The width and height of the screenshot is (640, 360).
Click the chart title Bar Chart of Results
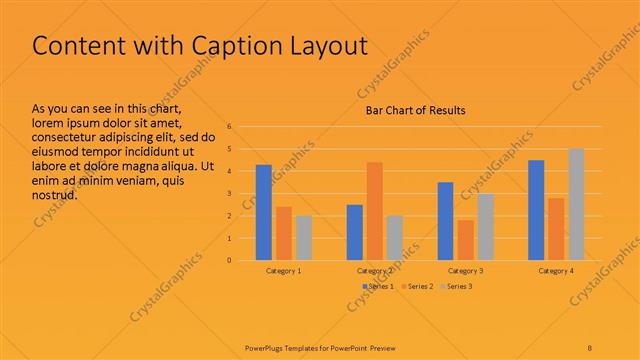413,110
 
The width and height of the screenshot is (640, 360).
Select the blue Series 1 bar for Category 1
264,212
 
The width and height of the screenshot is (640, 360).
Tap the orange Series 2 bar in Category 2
375,211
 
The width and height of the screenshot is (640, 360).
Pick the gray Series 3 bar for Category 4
576,204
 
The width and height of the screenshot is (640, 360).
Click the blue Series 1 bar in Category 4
536,210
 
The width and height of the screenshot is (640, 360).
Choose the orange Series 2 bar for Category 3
466,240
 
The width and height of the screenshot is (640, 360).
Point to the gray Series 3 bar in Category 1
304,238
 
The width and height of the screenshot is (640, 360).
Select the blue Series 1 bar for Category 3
446,221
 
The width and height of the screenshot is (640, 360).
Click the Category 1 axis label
284,271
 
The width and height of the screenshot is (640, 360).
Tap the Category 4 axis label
556,271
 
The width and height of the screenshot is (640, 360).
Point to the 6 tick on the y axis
230,127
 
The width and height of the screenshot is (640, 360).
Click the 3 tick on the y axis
230,194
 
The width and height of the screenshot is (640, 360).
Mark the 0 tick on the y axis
230,260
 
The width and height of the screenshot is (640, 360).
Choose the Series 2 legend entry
417,287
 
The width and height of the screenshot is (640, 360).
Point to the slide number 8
590,347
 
